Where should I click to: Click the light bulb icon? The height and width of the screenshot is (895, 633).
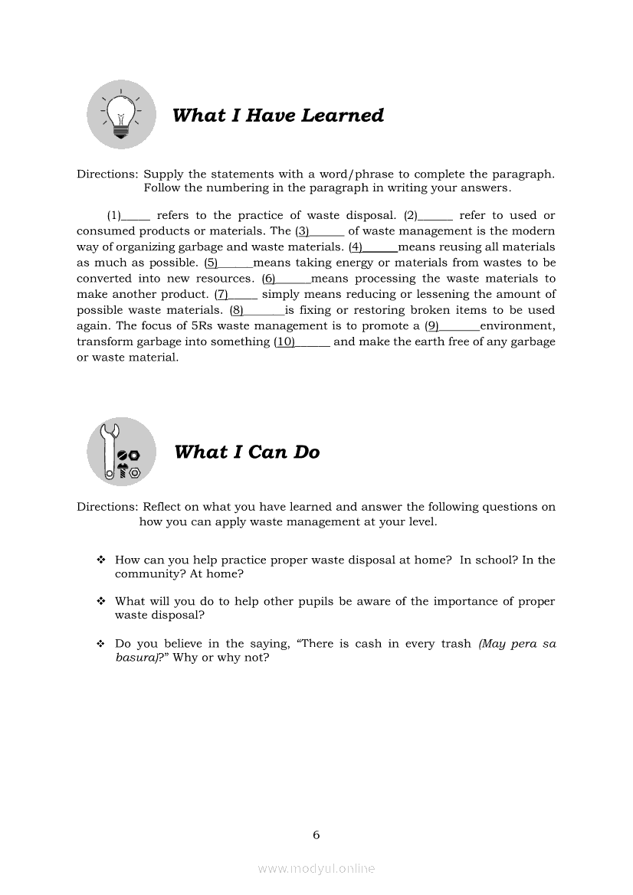121,115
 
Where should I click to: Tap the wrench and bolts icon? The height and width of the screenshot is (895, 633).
121,452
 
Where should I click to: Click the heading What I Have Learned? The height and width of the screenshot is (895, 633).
277,116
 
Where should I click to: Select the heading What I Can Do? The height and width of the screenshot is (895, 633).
247,452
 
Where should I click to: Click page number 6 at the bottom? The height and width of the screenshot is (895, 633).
316,835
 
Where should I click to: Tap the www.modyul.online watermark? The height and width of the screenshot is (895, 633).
316,868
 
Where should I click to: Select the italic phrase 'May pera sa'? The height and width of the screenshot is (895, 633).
517,644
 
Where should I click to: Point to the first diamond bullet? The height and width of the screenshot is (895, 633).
100,560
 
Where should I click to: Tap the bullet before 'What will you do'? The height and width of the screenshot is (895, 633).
100,602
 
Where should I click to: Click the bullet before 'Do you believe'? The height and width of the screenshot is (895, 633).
100,644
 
